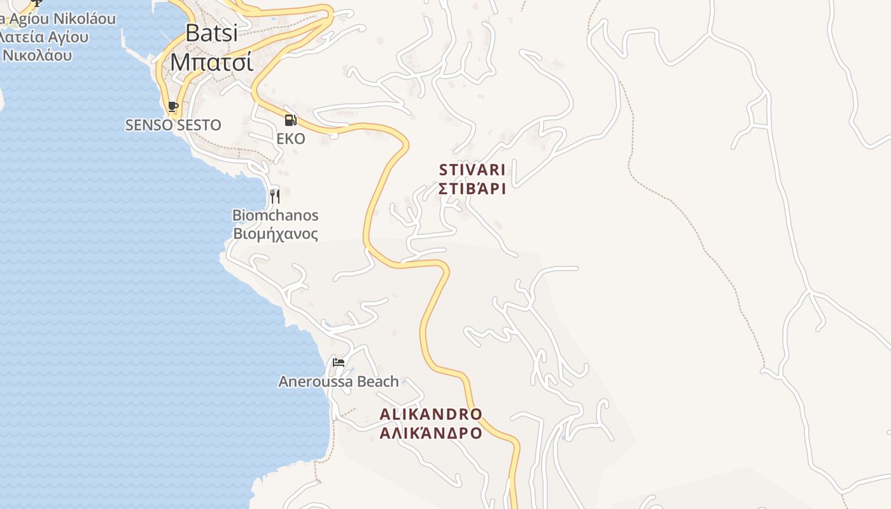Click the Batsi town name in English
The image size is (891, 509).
(212, 32)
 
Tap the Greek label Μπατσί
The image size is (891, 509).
(212, 62)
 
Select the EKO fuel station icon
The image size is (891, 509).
(290, 120)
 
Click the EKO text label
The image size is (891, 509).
(290, 139)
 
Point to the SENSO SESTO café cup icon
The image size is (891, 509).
(172, 106)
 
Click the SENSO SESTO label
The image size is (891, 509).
(173, 125)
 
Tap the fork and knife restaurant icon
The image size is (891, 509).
(275, 196)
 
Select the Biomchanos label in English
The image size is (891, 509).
(275, 215)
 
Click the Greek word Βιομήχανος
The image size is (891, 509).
(275, 234)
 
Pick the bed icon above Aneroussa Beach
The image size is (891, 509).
(339, 363)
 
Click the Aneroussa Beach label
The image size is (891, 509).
(339, 381)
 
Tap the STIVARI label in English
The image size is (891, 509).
(472, 170)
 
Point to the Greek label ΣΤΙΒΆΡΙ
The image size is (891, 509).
(472, 188)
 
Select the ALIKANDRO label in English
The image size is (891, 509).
(431, 414)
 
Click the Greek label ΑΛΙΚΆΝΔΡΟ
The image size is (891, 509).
(431, 433)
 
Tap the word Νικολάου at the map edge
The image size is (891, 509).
(37, 55)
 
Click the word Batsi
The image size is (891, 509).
(212, 32)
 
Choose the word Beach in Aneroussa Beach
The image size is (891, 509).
(378, 381)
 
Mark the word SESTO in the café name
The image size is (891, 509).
(199, 125)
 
